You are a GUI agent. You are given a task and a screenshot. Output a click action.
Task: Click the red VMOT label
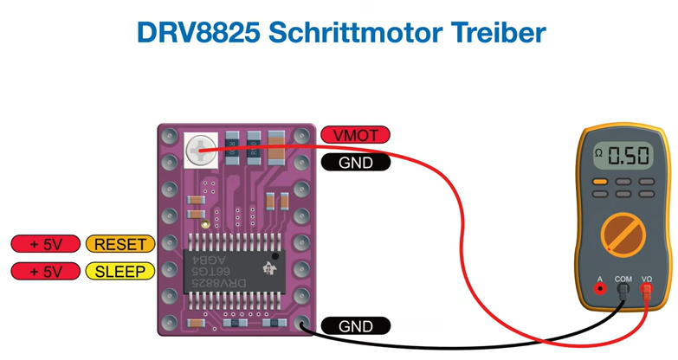[x=355, y=135]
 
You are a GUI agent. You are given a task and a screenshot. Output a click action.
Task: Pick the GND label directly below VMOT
[x=355, y=162]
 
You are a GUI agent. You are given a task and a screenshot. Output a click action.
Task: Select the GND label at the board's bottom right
[x=355, y=326]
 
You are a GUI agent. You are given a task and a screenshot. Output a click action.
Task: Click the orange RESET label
[x=120, y=244]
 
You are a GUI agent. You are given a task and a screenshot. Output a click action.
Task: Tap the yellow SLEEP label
[x=120, y=271]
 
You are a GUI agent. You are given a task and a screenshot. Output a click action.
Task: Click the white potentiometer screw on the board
[x=200, y=149]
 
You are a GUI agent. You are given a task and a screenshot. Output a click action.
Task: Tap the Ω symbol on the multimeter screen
[x=598, y=152]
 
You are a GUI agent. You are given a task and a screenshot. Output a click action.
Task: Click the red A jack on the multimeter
[x=599, y=291]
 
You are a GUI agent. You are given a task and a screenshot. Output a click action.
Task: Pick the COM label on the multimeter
[x=623, y=280]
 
